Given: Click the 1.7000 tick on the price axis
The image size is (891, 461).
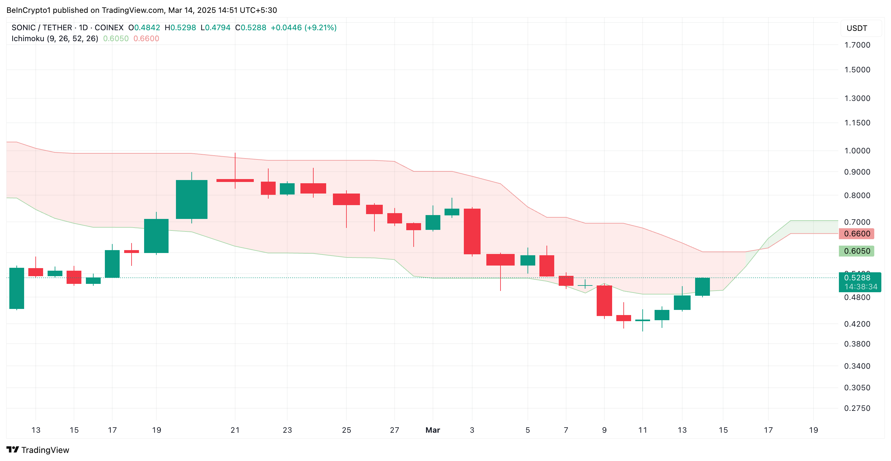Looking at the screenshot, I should pos(857,45).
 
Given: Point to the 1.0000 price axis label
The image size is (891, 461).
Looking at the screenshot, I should pos(857,151).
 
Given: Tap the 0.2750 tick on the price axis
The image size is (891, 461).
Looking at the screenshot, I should pos(857,408).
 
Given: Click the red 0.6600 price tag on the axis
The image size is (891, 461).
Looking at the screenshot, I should pos(856,234).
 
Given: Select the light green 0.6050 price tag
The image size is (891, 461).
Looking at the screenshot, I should pos(856,251).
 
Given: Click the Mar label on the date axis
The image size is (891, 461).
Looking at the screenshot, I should pos(433,430).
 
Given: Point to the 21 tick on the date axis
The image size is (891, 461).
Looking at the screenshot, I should pos(235,430).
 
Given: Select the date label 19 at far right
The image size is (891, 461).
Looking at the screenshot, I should pos(813,430).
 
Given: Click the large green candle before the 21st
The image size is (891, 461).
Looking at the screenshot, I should pos(192,199).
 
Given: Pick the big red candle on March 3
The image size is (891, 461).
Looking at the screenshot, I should pos(472,231).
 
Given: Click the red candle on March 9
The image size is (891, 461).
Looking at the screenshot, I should pos(604,301).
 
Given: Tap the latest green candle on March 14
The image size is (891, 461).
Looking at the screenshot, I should pos(703,287).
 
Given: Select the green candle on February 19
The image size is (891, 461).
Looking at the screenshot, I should pos(156,236).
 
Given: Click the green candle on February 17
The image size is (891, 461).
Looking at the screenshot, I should pos(112,264).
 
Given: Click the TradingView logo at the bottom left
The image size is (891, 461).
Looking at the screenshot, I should pos(38,450).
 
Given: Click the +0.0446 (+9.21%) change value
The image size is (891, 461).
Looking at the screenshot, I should pos(303,28).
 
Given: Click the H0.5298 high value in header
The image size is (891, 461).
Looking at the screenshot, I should pos(180,28).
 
